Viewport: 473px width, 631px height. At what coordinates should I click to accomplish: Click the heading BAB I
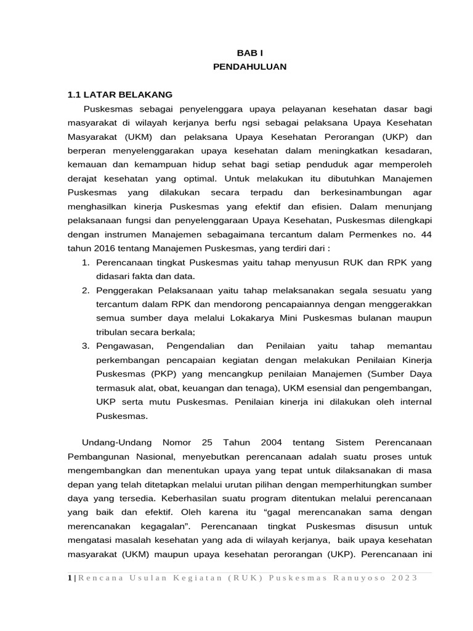click(249, 54)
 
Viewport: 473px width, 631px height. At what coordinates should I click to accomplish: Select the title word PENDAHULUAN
click(249, 67)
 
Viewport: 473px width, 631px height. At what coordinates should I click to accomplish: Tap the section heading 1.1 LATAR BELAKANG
click(120, 95)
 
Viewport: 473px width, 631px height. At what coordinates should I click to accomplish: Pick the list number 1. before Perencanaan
click(86, 262)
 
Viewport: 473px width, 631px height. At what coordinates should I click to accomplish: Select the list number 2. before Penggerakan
click(86, 290)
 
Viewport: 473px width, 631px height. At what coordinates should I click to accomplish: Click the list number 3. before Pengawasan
click(86, 346)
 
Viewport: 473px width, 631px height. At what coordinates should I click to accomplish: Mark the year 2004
click(271, 443)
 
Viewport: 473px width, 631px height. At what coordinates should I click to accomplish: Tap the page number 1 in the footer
click(68, 577)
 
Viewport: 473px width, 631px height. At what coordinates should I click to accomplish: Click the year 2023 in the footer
click(405, 577)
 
